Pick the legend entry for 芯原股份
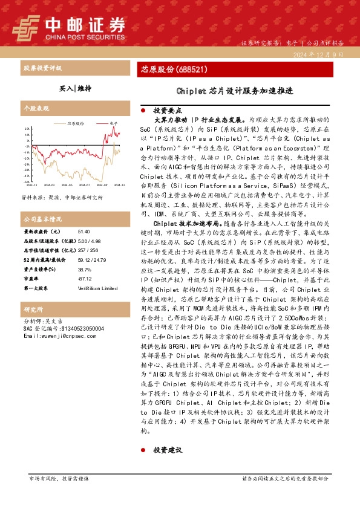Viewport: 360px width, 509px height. click(76, 123)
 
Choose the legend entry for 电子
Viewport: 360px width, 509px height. click(113, 123)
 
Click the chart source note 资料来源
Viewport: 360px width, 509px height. click(62, 198)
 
